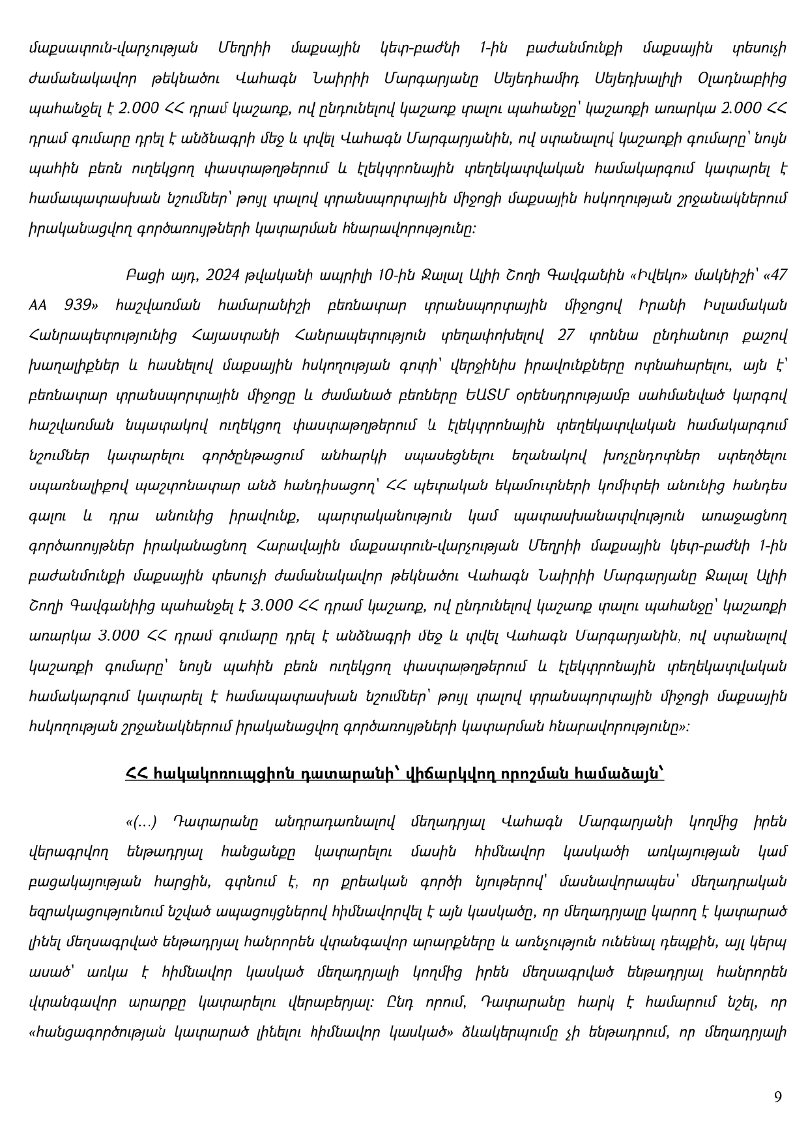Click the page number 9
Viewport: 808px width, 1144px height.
[x=777, y=1096]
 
